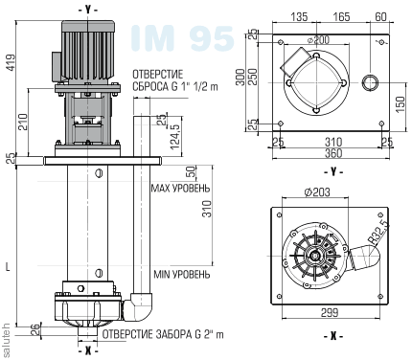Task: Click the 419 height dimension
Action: coord(11,62)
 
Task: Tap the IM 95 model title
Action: coord(183,38)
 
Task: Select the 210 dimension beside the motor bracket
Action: coord(22,122)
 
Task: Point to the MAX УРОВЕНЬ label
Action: coord(181,189)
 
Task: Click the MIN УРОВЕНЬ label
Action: coord(182,274)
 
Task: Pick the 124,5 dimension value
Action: coord(175,137)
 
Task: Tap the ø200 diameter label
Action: coord(318,40)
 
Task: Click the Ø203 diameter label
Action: coord(317,192)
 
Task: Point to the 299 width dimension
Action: coord(330,312)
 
